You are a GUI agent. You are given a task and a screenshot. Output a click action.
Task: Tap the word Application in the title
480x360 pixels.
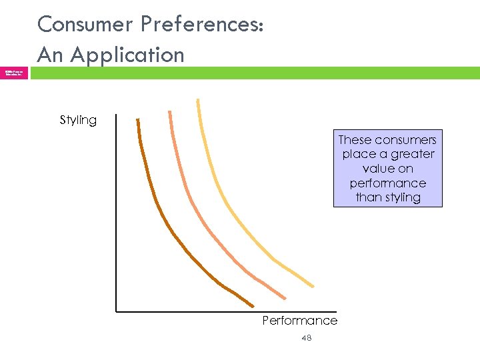pyautogui.click(x=127, y=55)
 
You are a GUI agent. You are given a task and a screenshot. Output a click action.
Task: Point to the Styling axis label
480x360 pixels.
pyautogui.click(x=78, y=120)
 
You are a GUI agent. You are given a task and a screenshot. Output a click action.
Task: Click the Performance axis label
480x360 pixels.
pyautogui.click(x=299, y=321)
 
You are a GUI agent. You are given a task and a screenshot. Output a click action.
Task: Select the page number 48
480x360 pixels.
pyautogui.click(x=306, y=338)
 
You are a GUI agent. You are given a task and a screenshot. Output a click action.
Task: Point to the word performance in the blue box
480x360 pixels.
pyautogui.click(x=387, y=183)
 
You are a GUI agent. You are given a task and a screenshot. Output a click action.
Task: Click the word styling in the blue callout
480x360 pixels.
pyautogui.click(x=403, y=197)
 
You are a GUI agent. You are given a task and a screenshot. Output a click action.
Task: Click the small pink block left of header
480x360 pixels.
pyautogui.click(x=14, y=73)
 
